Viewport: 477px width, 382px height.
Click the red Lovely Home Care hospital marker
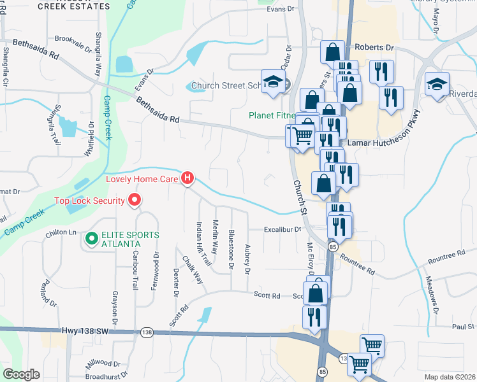(x=187, y=178)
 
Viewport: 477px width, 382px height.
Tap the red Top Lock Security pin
(x=134, y=201)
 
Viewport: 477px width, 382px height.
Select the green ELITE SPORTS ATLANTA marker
(x=91, y=239)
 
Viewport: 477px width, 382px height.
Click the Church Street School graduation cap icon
(x=273, y=83)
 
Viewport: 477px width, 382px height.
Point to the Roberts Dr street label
(x=374, y=47)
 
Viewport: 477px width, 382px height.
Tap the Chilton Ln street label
(x=61, y=233)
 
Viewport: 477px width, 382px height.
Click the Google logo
(x=22, y=374)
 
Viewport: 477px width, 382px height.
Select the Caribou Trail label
(x=135, y=271)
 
